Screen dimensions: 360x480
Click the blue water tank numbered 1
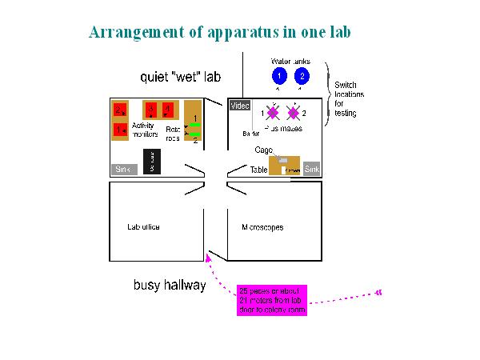278,76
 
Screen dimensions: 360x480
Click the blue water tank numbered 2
302,76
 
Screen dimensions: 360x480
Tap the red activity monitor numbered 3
150,110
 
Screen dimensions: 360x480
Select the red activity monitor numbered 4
168,110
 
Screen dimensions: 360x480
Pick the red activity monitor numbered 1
119,129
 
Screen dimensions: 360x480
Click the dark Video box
240,106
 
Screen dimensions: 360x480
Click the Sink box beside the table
312,169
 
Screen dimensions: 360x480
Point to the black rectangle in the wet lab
153,162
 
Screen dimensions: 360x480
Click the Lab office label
143,227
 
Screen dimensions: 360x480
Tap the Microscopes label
262,227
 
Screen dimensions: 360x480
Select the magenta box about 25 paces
272,300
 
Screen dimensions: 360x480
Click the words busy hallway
169,286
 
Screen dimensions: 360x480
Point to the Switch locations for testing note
346,98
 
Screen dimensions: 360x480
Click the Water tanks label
290,61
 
